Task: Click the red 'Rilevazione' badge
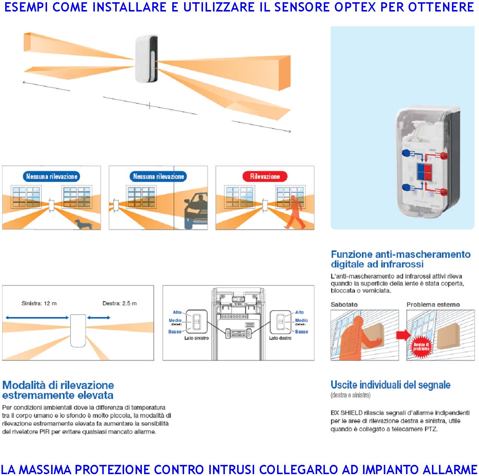[x=265, y=177]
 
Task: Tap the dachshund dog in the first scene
[x=83, y=223]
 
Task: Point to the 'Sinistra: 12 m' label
[x=39, y=303]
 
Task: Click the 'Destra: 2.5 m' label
[x=119, y=303]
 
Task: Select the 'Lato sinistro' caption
[x=196, y=338]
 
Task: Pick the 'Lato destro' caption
[x=280, y=338]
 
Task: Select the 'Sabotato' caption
[x=344, y=304]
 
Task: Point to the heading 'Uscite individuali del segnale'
[x=390, y=385]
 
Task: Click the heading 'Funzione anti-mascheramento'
[x=400, y=254]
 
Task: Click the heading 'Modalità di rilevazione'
[x=58, y=385]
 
